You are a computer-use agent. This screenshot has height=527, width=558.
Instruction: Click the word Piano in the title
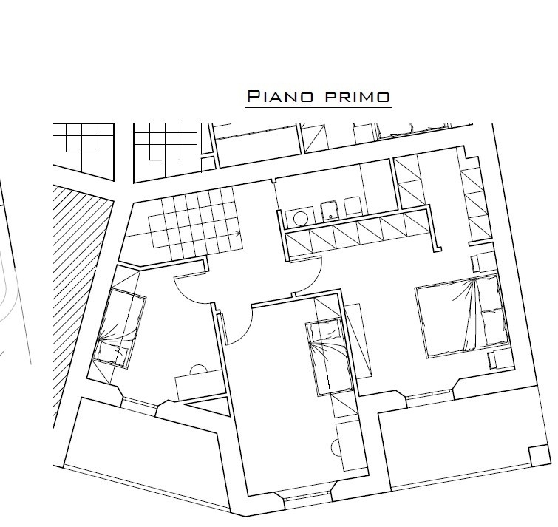280,96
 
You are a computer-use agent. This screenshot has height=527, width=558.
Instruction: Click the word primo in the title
358,97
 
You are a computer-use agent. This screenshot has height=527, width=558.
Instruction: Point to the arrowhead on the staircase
238,234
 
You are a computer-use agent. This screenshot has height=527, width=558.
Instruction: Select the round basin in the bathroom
300,218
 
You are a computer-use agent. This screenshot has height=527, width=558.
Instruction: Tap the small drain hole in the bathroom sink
330,217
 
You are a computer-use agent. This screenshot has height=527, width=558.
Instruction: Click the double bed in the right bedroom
462,316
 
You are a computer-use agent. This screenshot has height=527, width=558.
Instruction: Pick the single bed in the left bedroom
119,327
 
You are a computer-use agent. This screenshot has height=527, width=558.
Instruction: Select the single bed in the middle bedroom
329,357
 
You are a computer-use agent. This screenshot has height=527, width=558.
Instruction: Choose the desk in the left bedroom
200,384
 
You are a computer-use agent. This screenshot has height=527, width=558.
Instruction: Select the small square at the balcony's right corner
539,455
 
